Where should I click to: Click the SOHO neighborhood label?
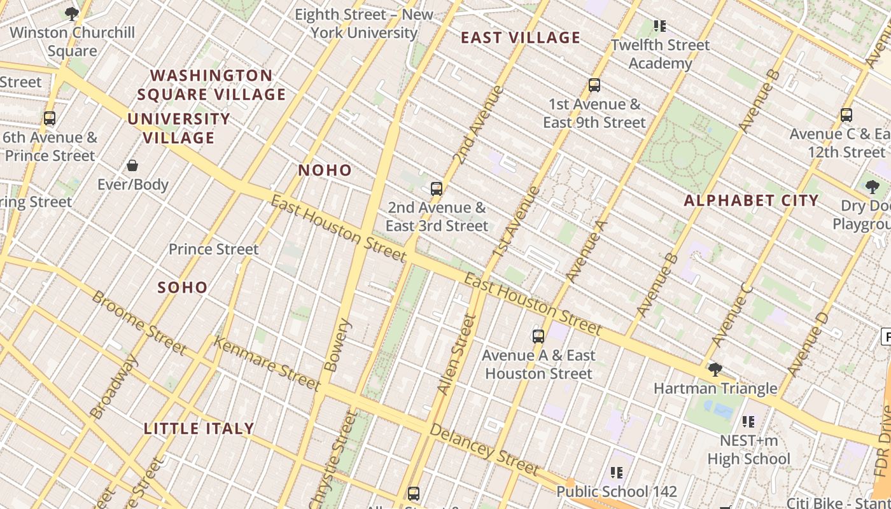tap(183, 288)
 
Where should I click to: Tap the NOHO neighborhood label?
tap(325, 171)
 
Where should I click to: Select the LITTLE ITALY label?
tap(199, 429)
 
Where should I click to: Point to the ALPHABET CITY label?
tap(751, 201)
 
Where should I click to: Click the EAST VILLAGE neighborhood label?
tap(521, 38)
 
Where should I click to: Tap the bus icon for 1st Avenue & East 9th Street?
tap(594, 85)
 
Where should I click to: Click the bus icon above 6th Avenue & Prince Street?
tap(50, 118)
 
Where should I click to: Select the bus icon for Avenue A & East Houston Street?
tap(538, 337)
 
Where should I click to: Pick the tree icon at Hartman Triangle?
tap(715, 370)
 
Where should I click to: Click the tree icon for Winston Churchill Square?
tap(72, 14)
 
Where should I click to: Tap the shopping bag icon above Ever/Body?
tap(132, 166)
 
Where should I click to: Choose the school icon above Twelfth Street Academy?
tap(660, 26)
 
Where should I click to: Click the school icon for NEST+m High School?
tap(748, 422)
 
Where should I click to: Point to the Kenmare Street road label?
tap(267, 363)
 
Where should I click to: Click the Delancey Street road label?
tap(484, 449)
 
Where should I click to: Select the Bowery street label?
tap(337, 345)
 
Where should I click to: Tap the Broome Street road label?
tap(139, 323)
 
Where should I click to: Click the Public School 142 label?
tap(617, 492)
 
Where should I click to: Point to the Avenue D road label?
tap(808, 344)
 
